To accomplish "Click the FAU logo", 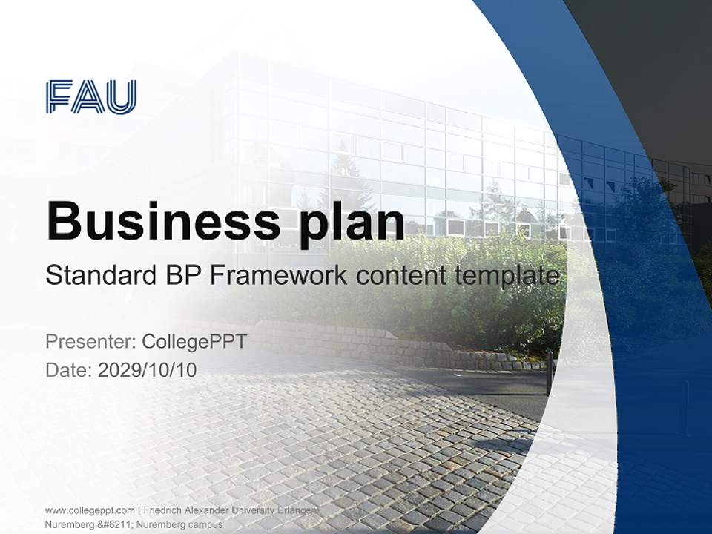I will click(x=91, y=96).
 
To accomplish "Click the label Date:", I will click(x=69, y=369).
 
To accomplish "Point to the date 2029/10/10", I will click(x=148, y=369).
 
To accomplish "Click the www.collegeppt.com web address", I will click(x=90, y=510).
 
